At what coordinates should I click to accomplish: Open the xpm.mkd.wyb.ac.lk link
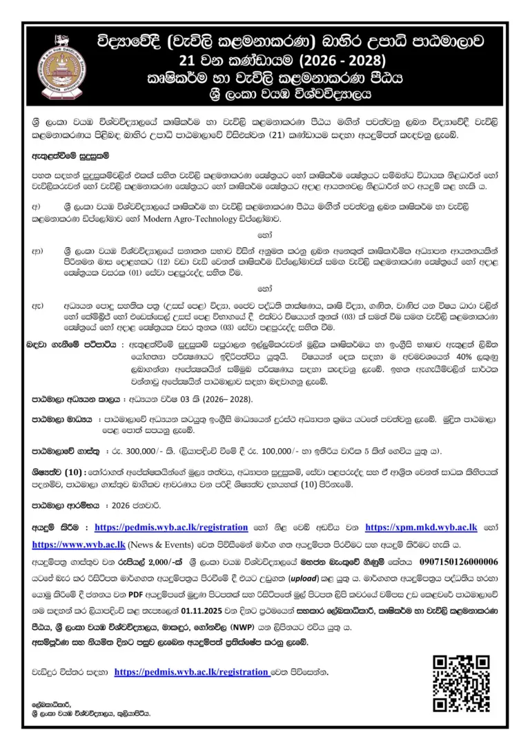point(421,528)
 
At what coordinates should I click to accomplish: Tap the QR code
point(462,684)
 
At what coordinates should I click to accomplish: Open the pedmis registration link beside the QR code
point(191,671)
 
